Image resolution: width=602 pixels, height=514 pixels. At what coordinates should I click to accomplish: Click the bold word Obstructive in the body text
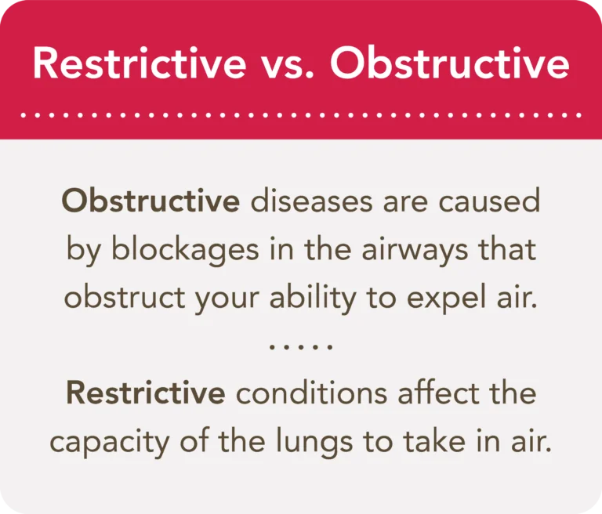coord(150,201)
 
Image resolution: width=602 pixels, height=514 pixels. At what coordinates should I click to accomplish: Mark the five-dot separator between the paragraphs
coord(302,346)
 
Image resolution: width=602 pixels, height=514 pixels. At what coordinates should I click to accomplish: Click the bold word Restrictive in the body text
coord(146,393)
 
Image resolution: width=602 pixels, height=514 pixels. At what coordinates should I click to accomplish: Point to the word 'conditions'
coord(310,393)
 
